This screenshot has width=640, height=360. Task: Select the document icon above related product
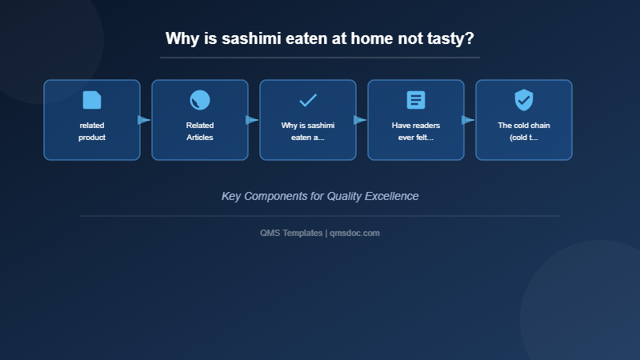92,100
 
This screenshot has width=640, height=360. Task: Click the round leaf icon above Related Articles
200,100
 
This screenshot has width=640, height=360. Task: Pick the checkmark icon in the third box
308,100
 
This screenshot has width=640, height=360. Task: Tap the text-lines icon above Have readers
416,100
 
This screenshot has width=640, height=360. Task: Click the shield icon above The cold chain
524,100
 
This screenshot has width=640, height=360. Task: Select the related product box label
92,131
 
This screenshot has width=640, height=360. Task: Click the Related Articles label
200,131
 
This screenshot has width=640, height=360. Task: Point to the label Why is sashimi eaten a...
308,131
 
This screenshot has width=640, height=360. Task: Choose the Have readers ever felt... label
416,131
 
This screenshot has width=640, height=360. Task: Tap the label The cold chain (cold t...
524,131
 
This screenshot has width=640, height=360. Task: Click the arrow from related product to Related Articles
144,120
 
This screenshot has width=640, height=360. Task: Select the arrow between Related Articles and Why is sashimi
252,120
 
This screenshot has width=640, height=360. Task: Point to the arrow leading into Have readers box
360,120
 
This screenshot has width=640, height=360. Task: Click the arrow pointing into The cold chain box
468,120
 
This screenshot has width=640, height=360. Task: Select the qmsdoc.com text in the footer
354,233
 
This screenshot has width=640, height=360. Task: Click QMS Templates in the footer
291,233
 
